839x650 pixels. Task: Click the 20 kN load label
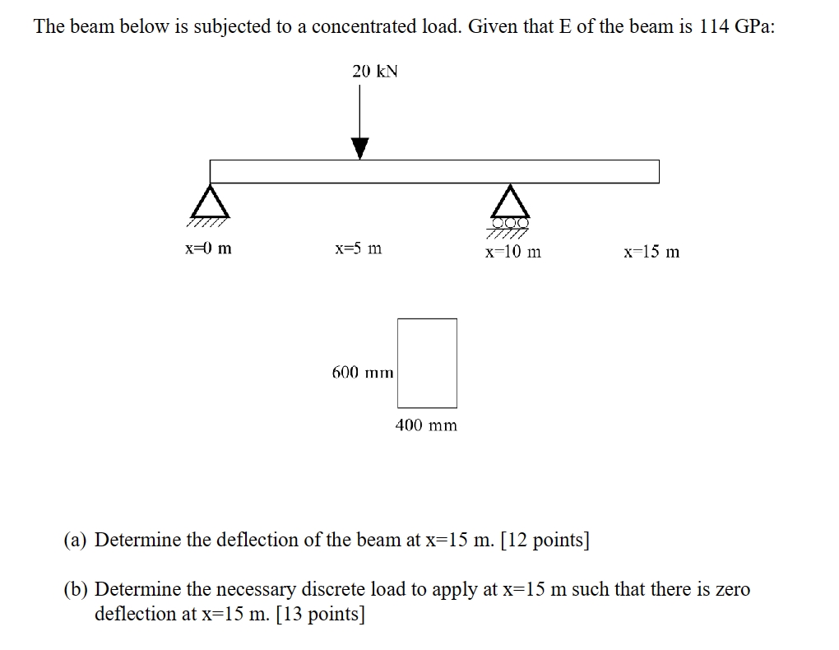pos(374,72)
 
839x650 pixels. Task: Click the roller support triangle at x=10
pos(511,202)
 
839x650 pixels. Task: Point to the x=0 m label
pos(208,248)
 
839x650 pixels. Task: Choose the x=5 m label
pos(358,248)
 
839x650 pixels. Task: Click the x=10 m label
pos(512,252)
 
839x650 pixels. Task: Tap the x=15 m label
pos(651,252)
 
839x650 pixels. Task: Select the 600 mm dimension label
pos(363,373)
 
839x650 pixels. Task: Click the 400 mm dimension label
pos(426,425)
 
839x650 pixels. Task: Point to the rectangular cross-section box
pos(427,363)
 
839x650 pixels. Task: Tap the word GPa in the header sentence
pos(753,26)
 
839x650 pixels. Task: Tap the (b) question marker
pos(77,590)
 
